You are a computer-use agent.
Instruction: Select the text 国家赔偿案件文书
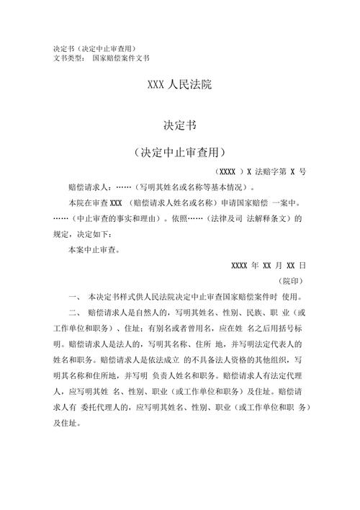121,58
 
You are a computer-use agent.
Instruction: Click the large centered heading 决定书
179,126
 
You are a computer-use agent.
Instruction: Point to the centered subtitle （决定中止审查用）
179,153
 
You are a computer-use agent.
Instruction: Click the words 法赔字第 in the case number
271,172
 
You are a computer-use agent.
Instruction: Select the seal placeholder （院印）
292,281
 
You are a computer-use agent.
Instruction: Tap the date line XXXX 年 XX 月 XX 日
269,265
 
